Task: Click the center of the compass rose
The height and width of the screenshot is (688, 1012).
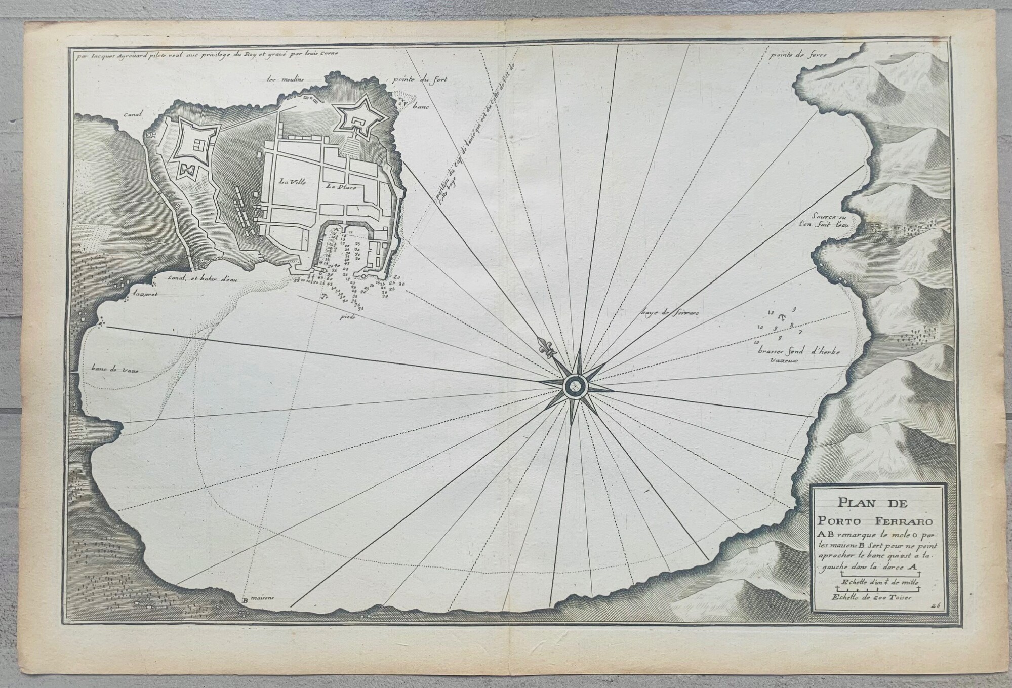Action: point(574,388)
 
